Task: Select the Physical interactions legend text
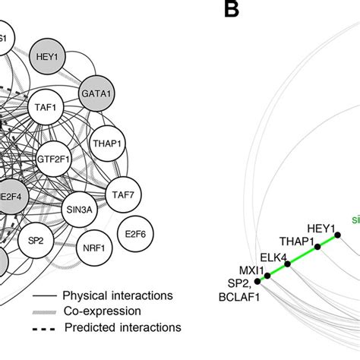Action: pos(116,295)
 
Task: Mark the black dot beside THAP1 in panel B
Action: pos(317,247)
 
